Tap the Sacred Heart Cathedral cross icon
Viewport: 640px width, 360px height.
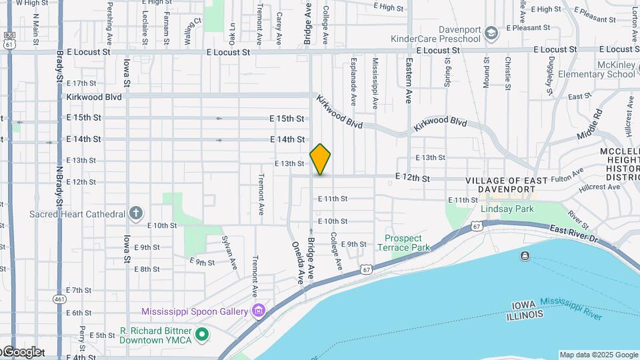pyautogui.click(x=135, y=213)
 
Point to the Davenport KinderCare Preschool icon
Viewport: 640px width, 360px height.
pyautogui.click(x=491, y=33)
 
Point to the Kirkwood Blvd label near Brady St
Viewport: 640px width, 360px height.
pyautogui.click(x=94, y=97)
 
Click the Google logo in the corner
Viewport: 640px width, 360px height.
pyautogui.click(x=21, y=352)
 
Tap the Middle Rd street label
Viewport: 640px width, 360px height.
pyautogui.click(x=589, y=124)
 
